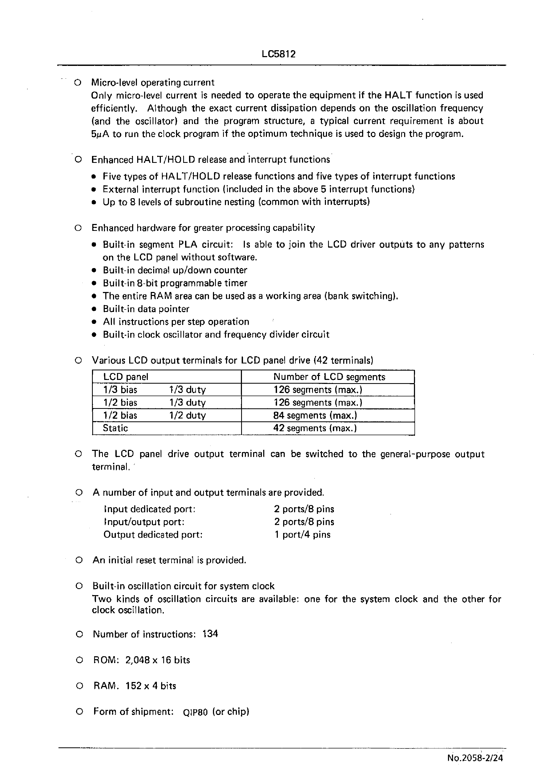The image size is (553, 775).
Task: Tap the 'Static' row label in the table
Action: [x=115, y=428]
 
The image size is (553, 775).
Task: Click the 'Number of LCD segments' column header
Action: [x=329, y=377]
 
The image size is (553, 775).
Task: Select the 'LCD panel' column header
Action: [x=126, y=377]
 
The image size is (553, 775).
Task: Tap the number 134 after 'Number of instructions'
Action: [x=210, y=634]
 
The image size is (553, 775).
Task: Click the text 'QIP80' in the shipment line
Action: [x=195, y=712]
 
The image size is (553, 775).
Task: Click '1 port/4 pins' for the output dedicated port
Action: [x=302, y=535]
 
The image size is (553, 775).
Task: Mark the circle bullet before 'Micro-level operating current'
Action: [x=78, y=83]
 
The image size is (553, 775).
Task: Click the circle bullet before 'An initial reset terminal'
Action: [x=79, y=560]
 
